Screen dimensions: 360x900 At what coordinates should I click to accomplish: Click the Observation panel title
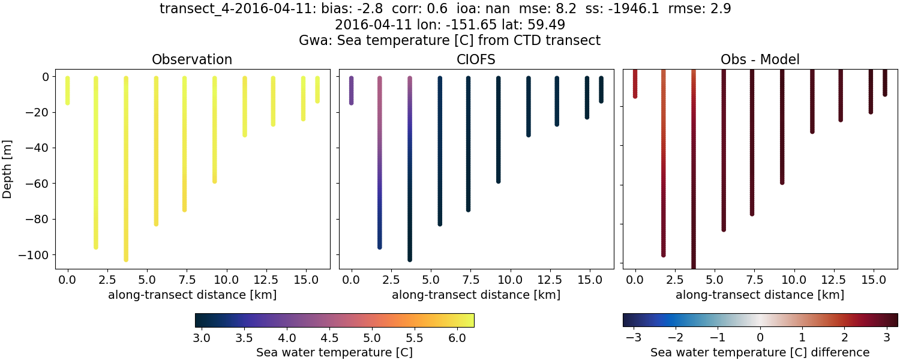pyautogui.click(x=192, y=59)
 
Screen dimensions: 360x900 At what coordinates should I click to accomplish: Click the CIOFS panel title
pyautogui.click(x=476, y=59)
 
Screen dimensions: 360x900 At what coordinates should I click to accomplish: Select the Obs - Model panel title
pyautogui.click(x=760, y=59)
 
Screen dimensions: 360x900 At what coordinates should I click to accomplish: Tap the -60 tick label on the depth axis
pyautogui.click(x=39, y=184)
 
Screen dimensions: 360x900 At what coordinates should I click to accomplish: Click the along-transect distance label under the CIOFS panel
pyautogui.click(x=476, y=295)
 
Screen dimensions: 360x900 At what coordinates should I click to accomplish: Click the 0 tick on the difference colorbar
pyautogui.click(x=760, y=338)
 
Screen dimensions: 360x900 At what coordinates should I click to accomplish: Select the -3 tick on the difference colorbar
pyautogui.click(x=634, y=338)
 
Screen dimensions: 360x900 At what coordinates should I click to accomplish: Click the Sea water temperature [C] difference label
pyautogui.click(x=760, y=352)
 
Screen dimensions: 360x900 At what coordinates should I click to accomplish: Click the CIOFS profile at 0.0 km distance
pyautogui.click(x=352, y=90)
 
